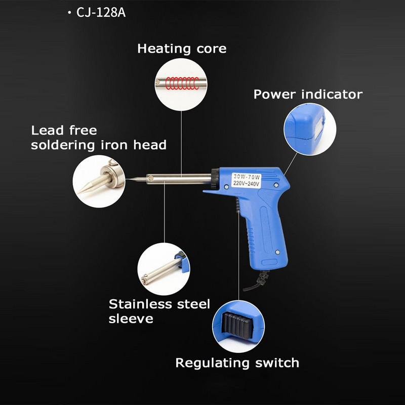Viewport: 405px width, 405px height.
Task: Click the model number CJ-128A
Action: point(101,12)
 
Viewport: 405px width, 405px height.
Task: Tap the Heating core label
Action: point(182,49)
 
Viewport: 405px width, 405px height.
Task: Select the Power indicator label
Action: point(308,94)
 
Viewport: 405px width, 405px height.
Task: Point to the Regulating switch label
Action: point(237,363)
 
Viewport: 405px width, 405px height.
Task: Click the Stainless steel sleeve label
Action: point(159,311)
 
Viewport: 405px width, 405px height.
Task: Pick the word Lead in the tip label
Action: point(48,130)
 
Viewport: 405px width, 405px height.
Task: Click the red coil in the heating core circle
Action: point(182,83)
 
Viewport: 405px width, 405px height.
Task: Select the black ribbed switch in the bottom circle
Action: point(237,326)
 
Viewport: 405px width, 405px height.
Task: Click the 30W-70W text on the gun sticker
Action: point(247,177)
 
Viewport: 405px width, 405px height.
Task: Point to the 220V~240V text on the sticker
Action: point(246,184)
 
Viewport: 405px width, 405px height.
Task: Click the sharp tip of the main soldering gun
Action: point(127,179)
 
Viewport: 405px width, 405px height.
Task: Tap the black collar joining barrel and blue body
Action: point(215,179)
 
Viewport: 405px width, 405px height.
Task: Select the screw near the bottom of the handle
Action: point(277,252)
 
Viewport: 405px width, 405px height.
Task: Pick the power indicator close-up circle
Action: point(310,129)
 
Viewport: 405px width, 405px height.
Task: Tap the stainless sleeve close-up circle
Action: point(164,269)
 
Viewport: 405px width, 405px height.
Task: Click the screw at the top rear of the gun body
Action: point(276,185)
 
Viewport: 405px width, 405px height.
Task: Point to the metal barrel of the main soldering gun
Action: point(179,179)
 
